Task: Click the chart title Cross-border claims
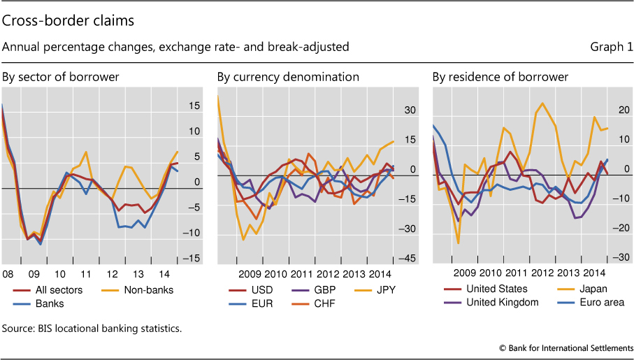pos(69,21)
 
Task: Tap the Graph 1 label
pos(611,48)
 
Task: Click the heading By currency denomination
pos(288,77)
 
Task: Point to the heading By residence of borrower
pos(500,77)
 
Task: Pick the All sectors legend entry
pos(57,289)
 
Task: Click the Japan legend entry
pos(593,289)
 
